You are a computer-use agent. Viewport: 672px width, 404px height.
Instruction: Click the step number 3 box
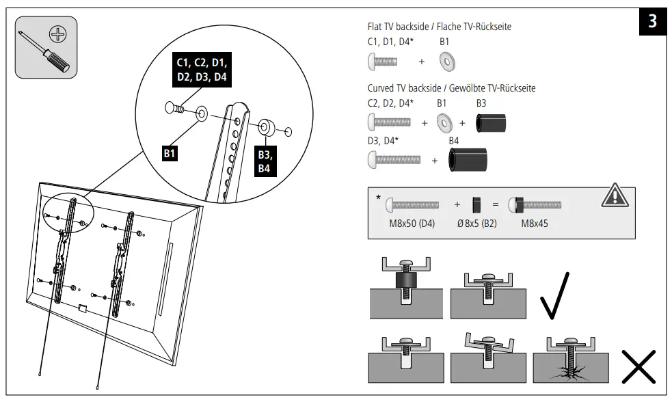(x=652, y=22)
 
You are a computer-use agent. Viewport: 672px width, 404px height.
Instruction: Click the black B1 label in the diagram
(x=170, y=154)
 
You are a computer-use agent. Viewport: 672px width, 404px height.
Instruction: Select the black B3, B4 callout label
(x=264, y=161)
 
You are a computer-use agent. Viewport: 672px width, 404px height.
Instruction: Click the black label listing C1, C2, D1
(x=202, y=70)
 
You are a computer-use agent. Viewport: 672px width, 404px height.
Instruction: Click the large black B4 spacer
(x=467, y=159)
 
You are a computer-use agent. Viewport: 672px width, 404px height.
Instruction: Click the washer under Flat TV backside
(x=447, y=62)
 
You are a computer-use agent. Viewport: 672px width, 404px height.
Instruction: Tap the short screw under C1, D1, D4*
(x=383, y=62)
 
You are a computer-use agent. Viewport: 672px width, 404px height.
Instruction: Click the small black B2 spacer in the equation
(x=477, y=204)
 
